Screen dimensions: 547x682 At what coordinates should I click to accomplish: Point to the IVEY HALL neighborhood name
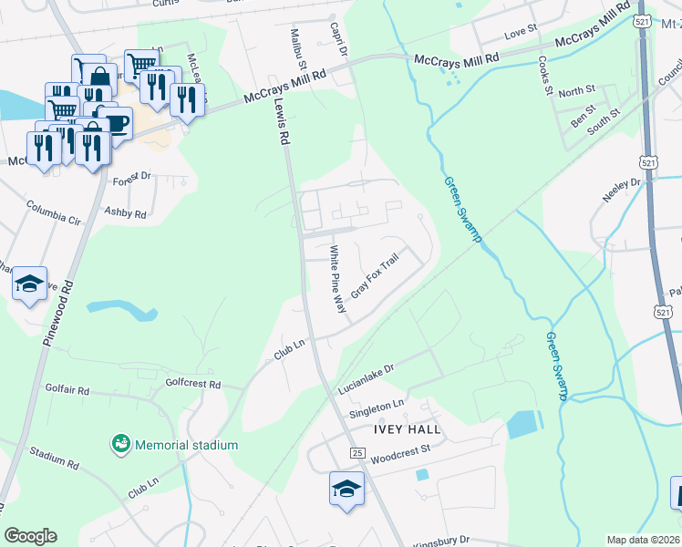(407, 428)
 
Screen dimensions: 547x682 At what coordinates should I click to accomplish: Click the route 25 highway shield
(356, 452)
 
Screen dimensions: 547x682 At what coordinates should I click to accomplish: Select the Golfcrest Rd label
(193, 385)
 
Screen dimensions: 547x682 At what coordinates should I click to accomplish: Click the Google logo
(30, 536)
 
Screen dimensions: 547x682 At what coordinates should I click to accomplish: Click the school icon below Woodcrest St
(346, 489)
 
